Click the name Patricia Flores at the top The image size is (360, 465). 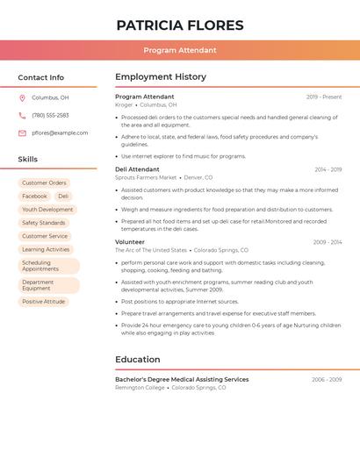pos(180,25)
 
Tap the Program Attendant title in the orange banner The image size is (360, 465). pos(180,50)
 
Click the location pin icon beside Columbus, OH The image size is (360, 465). pos(22,98)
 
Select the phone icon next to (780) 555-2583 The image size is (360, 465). pos(22,116)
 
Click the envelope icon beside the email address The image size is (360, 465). pos(22,133)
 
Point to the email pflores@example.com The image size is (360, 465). pos(60,133)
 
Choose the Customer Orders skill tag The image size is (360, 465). pos(44,183)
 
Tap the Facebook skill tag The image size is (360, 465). pos(35,197)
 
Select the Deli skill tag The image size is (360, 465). pos(63,197)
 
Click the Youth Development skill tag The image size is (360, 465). pos(47,210)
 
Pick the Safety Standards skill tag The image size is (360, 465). pos(44,223)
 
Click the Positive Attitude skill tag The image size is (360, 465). pos(44,302)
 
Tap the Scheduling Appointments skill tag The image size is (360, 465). pos(48,266)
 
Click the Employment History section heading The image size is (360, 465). pos(161,77)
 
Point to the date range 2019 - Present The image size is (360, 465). pos(324,97)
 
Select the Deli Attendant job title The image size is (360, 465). pos(137,169)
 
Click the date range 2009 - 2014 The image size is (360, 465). pos(328,242)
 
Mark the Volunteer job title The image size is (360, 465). pos(130,242)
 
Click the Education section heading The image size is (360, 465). pos(138,360)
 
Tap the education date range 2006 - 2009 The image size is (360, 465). pos(327,380)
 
